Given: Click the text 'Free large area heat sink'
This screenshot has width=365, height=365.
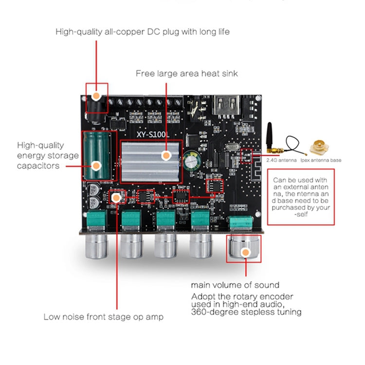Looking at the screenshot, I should (186, 73).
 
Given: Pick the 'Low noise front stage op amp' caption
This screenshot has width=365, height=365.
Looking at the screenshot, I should (103, 317).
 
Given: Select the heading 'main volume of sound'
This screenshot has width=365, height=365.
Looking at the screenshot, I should (235, 285).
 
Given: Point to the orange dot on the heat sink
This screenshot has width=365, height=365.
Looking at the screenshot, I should (166, 156).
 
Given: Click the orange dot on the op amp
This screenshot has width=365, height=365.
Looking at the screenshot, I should (116, 197).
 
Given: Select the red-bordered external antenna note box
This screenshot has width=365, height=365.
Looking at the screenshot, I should (301, 196).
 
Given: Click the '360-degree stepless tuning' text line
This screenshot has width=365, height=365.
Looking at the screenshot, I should (246, 312).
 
